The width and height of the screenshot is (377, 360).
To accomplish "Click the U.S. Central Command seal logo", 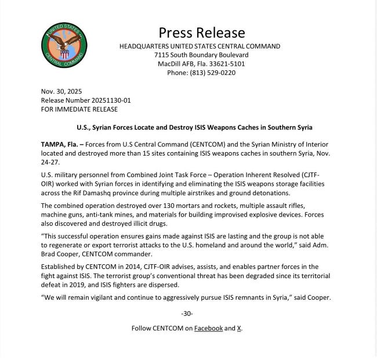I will (64, 45).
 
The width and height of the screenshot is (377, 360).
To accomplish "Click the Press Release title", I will (202, 33).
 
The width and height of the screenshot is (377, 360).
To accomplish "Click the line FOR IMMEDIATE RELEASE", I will (79, 109).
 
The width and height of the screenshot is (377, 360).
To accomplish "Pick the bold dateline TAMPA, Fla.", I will (63, 143).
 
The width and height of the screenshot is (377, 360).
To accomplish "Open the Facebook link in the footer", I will (208, 328).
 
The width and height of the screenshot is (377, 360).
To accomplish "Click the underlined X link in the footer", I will (240, 328).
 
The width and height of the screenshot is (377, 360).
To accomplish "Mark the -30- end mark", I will (187, 314).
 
